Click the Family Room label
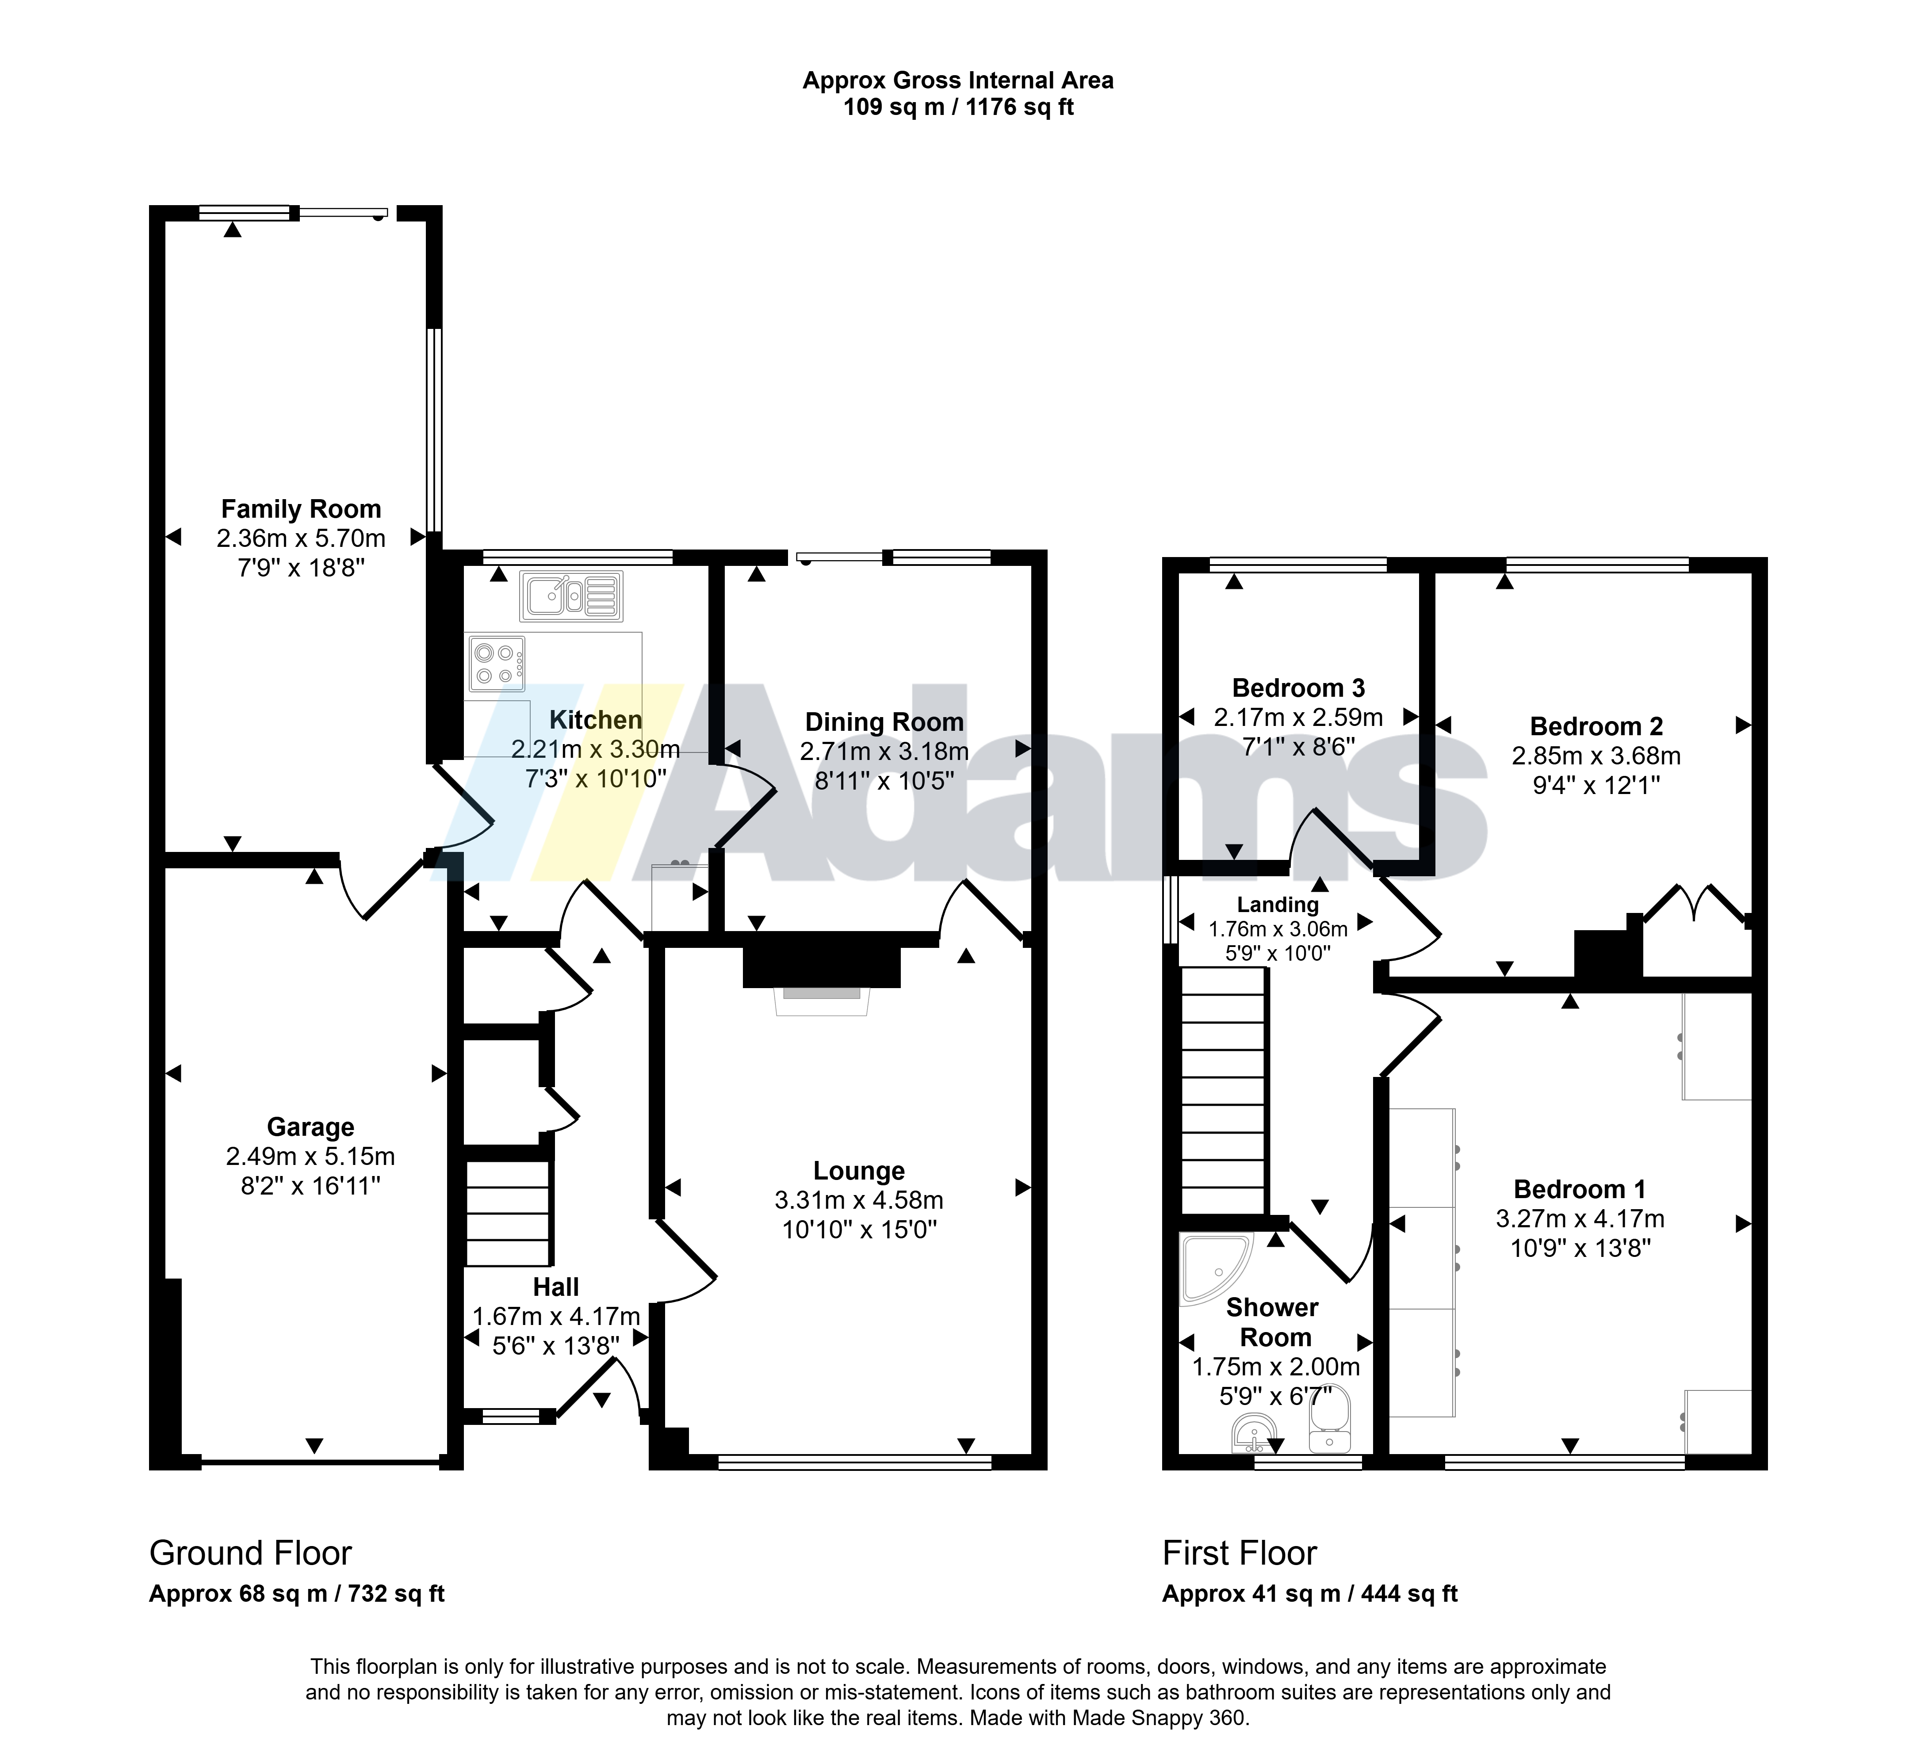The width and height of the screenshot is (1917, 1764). pos(301,509)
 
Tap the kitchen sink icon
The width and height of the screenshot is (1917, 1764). pos(571,596)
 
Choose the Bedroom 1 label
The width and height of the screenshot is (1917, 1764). pos(1580,1189)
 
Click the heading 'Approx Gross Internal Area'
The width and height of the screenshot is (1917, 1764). pos(957,80)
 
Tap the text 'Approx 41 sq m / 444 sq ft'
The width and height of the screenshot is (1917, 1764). pos(1310,1593)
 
